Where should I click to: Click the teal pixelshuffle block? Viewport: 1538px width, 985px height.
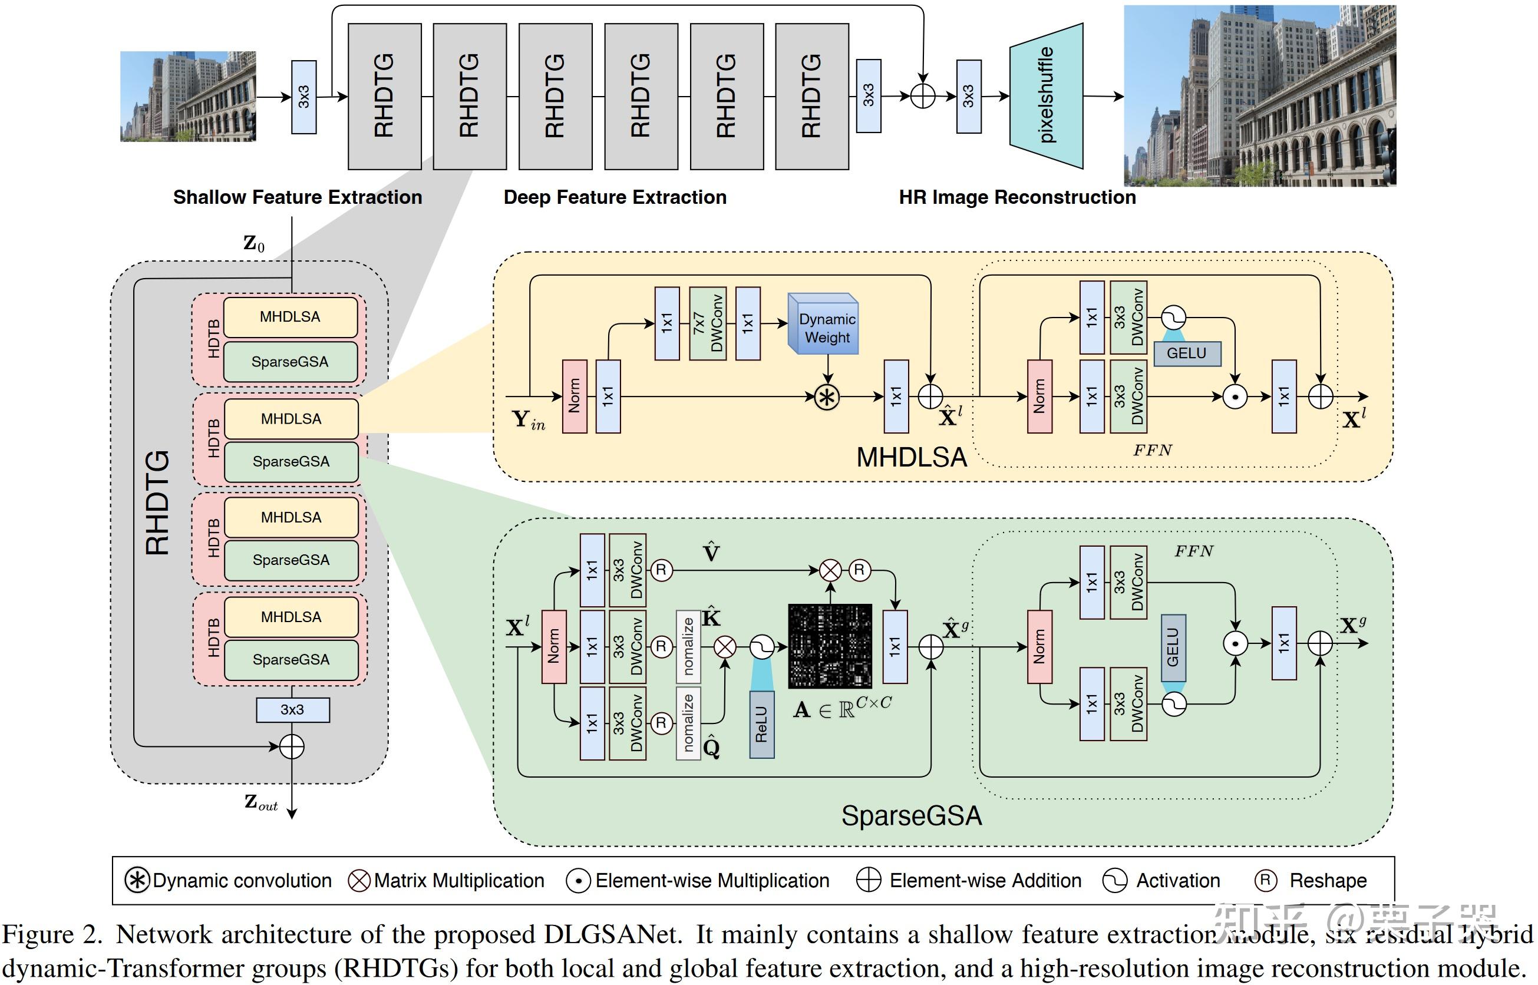(1046, 96)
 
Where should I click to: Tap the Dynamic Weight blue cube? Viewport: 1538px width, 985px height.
(824, 326)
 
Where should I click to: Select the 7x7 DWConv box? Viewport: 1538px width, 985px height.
(708, 323)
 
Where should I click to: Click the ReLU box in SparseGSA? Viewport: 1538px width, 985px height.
(761, 724)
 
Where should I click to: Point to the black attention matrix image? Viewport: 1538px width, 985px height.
(830, 646)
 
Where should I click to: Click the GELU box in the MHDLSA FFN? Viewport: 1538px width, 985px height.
(1187, 353)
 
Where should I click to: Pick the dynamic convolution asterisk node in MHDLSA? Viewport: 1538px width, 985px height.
(827, 397)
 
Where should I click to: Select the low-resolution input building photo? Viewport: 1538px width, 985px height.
(188, 97)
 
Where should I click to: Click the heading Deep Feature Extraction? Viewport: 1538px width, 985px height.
(615, 197)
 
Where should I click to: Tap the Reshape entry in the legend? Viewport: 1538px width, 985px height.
(1312, 881)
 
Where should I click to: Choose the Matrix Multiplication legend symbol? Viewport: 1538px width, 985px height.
(359, 881)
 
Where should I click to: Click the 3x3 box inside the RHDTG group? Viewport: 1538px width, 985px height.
(292, 710)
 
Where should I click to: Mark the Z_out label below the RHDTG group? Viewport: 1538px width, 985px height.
(260, 803)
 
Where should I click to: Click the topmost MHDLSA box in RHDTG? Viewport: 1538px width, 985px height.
(291, 316)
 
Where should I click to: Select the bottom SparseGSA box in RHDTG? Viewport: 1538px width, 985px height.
(291, 659)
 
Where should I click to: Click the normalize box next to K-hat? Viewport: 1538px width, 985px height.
(688, 646)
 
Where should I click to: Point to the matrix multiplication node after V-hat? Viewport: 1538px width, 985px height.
(830, 570)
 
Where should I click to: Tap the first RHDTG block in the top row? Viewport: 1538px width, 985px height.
(384, 97)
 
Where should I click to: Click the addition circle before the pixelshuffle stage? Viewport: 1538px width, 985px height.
(923, 97)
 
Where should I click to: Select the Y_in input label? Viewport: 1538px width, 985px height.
(529, 421)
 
